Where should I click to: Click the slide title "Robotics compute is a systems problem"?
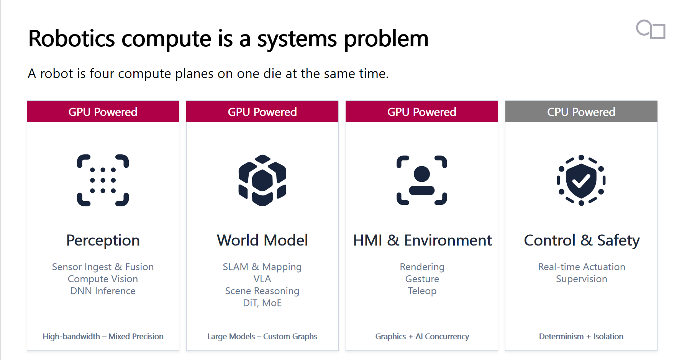228,39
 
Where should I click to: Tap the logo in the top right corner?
651,29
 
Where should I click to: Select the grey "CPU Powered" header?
581,111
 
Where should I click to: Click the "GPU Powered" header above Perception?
103,111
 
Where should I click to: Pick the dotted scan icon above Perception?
103,180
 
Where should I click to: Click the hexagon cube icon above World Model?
262,180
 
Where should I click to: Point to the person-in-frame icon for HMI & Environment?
422,180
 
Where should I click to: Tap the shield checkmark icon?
581,180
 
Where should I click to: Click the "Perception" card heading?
103,241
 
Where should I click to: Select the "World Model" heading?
262,241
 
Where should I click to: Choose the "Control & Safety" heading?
582,241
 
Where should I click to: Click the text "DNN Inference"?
103,291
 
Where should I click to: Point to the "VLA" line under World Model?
262,279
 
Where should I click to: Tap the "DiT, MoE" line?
262,303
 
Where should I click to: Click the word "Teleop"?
422,291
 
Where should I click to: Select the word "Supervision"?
582,279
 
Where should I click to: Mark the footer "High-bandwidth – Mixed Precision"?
103,336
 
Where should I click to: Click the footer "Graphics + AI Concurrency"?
422,336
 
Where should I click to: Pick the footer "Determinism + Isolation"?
581,336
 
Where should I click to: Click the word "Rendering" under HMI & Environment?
422,267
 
